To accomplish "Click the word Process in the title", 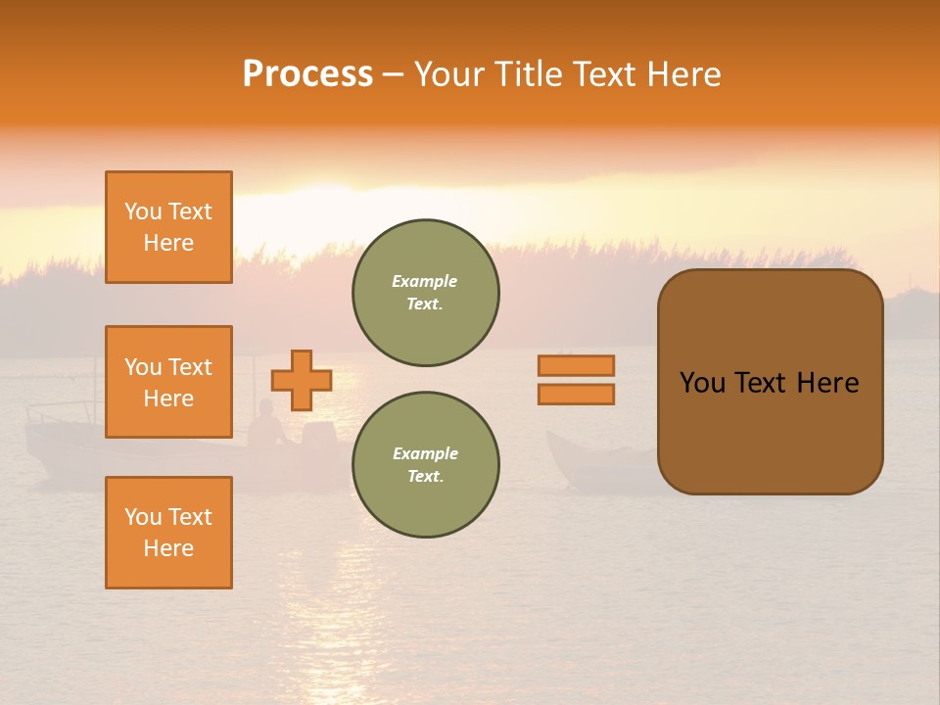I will tap(307, 74).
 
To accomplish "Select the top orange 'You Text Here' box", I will tap(168, 227).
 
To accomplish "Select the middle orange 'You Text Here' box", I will tap(168, 382).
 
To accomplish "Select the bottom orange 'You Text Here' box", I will tap(168, 533).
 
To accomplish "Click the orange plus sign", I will tap(301, 380).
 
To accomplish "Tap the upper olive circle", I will tap(425, 293).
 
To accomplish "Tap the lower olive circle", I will tap(425, 465).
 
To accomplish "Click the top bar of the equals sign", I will tap(576, 365).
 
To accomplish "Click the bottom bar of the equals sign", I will tap(576, 394).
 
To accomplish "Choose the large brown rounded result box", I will tap(770, 382).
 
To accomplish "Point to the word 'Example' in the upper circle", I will tap(425, 281).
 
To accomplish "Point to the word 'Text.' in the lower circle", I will tap(425, 477).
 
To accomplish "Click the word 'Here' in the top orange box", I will tap(168, 243).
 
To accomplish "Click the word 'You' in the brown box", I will tap(702, 383).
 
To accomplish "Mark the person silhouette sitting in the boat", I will tap(265, 425).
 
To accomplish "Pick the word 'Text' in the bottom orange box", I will tap(190, 517).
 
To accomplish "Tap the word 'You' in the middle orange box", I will tap(143, 367).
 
